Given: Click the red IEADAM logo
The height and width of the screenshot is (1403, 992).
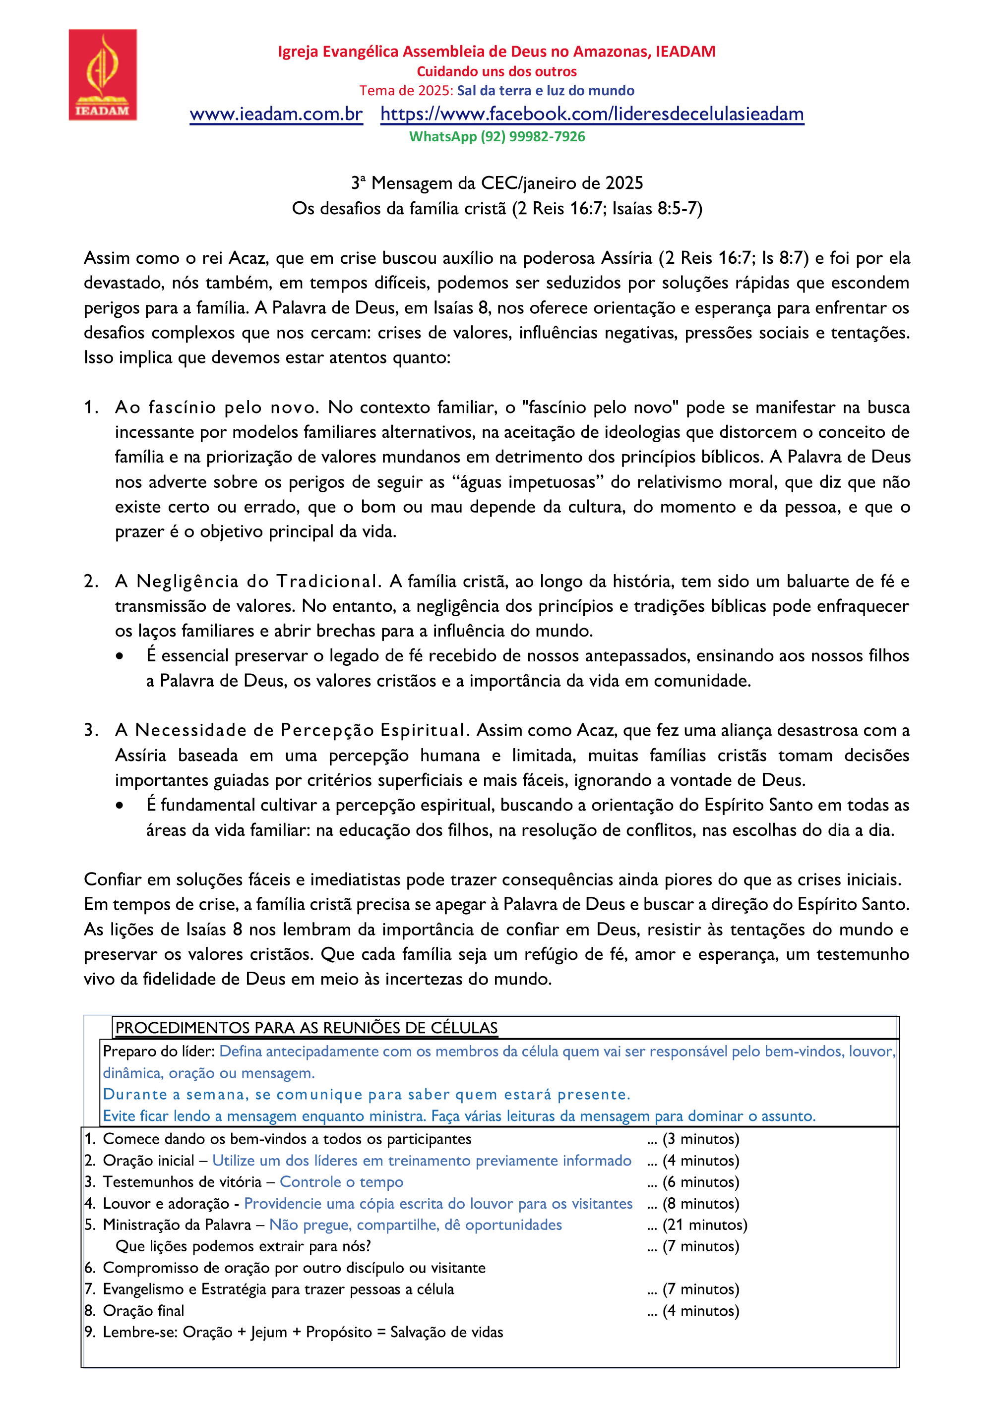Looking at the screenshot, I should [x=103, y=74].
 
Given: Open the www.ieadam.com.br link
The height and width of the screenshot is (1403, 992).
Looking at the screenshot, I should [x=276, y=114].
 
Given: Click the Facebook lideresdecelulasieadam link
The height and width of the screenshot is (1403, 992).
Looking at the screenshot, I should [x=592, y=114].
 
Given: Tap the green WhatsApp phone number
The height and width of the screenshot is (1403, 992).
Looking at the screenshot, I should [x=497, y=137].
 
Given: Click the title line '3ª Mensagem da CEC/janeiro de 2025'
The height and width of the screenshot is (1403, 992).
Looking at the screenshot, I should [x=497, y=183].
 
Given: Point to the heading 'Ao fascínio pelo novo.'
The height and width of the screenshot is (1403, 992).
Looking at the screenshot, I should [x=217, y=408].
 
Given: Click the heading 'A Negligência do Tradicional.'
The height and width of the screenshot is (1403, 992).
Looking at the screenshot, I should [x=248, y=581].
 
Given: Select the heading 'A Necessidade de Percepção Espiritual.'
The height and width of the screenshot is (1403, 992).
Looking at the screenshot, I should [x=292, y=730].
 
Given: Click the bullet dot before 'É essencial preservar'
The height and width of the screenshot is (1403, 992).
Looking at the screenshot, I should [x=120, y=656].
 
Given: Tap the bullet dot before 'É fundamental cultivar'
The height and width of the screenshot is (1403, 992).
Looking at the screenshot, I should [x=120, y=806].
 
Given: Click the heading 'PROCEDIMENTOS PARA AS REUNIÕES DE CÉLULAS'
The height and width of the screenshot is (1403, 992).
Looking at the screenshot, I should [x=306, y=1028].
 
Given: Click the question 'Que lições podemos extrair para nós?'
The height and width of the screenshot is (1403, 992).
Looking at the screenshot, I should [x=243, y=1246].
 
